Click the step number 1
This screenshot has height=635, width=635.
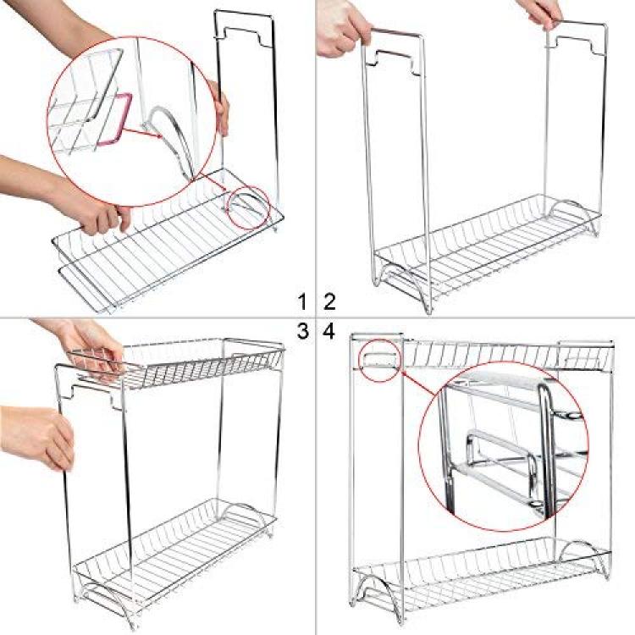tap(302, 302)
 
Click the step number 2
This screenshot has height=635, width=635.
tap(329, 302)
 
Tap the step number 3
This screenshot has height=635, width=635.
tap(303, 331)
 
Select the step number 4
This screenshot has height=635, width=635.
tap(329, 331)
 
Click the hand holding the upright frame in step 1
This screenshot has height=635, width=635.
tap(221, 108)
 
